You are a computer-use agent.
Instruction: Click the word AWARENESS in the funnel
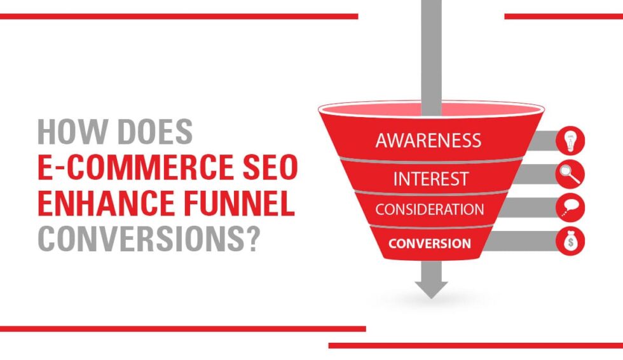click(x=428, y=141)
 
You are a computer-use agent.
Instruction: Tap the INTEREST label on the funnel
click(x=430, y=179)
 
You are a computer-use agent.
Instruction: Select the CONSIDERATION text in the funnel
click(x=429, y=209)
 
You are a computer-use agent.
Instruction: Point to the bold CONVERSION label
click(x=430, y=243)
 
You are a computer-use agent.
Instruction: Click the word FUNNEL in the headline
click(x=242, y=205)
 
